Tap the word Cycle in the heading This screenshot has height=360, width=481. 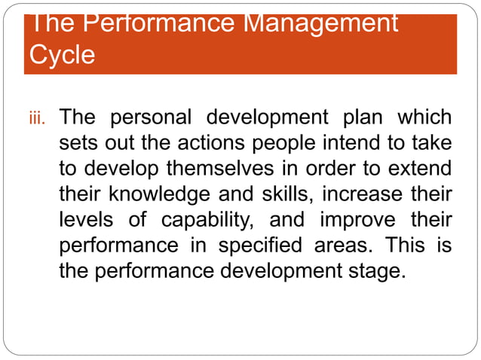pyautogui.click(x=63, y=55)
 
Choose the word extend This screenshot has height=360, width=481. pyautogui.click(x=421, y=169)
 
